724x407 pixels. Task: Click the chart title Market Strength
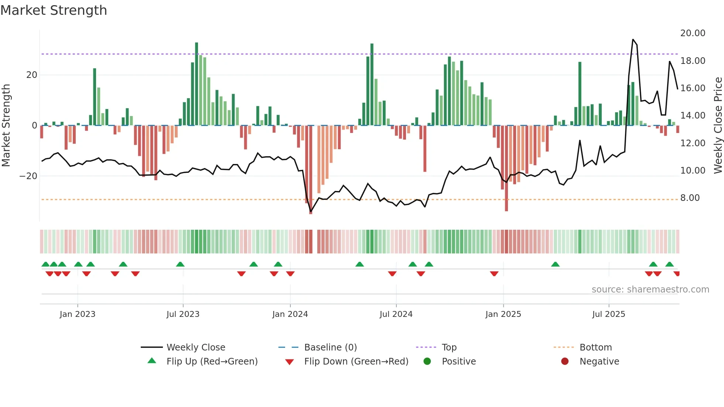[54, 10]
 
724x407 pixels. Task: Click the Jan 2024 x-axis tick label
[290, 314]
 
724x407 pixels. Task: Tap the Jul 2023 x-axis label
[183, 314]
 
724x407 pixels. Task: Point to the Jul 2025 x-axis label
[608, 314]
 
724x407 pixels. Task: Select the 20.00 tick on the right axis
[693, 33]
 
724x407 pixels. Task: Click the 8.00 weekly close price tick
[690, 198]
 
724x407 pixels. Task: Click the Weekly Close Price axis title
[718, 126]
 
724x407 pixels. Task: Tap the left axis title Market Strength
[6, 126]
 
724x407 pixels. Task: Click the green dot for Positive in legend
[427, 362]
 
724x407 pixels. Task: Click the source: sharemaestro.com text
[650, 290]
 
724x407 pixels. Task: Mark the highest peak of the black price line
[633, 40]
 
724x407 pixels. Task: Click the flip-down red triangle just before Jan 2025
[494, 274]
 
